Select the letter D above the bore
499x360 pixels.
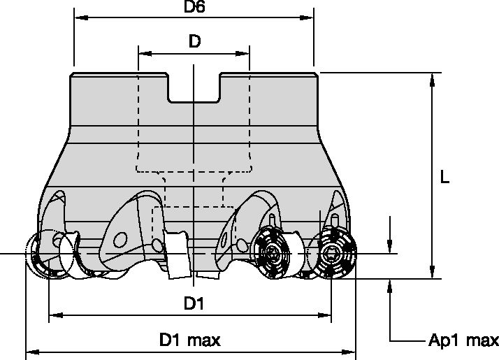pyautogui.click(x=194, y=42)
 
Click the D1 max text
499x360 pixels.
pyautogui.click(x=189, y=340)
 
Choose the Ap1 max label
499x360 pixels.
pyautogui.click(x=463, y=341)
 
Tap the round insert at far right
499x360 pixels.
pyautogui.click(x=336, y=253)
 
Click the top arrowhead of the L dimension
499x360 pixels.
pyautogui.click(x=433, y=78)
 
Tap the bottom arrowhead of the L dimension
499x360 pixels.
pyautogui.click(x=433, y=273)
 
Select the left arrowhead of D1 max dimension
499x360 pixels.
pyautogui.click(x=31, y=352)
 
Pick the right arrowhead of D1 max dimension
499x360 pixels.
pyautogui.click(x=352, y=352)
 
